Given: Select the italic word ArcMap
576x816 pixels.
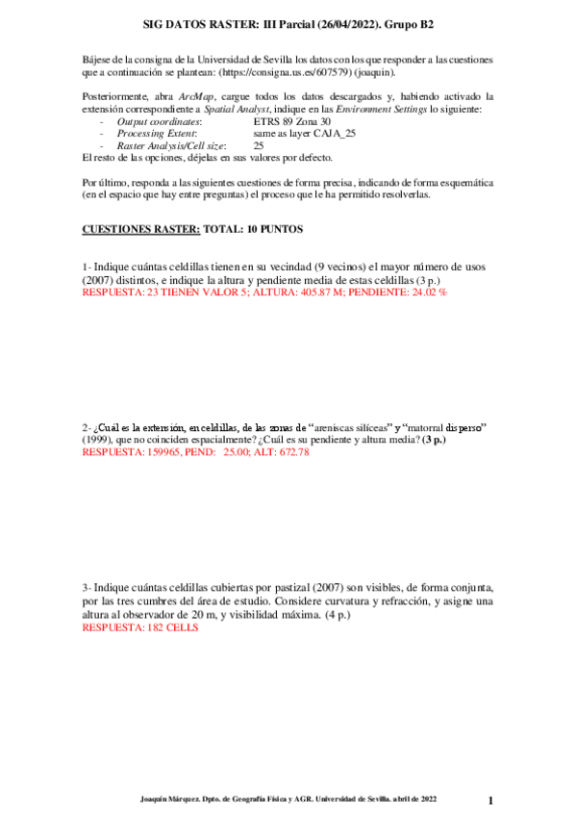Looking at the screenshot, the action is tap(196, 97).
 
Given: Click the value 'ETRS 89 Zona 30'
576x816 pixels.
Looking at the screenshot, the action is tap(292, 122).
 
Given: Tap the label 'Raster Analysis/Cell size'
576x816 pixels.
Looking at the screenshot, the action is tap(170, 145).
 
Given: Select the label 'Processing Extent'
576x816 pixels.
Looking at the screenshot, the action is tap(156, 134).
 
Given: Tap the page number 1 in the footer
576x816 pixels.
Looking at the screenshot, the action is tap(490, 800).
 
